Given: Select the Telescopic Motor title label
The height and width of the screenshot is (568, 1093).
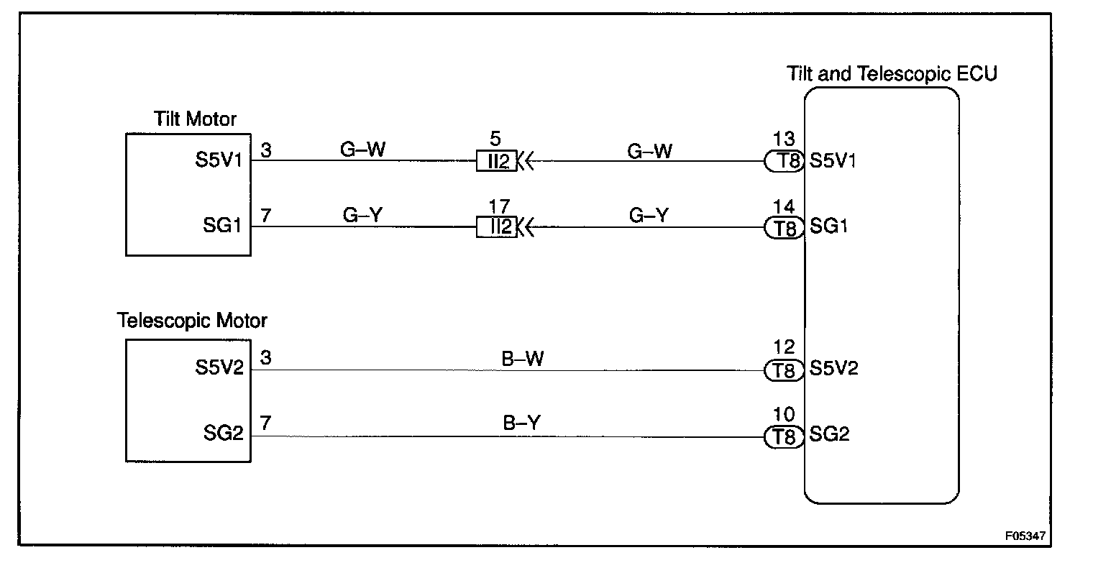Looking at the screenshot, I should pyautogui.click(x=192, y=320).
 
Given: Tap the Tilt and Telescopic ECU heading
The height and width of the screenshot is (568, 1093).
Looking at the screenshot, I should pyautogui.click(x=892, y=73).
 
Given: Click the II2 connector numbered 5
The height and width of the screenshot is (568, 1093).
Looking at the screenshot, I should pyautogui.click(x=496, y=161).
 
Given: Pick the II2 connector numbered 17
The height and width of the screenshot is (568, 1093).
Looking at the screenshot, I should pyautogui.click(x=496, y=228).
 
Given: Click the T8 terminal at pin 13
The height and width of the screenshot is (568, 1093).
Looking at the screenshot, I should pyautogui.click(x=784, y=161).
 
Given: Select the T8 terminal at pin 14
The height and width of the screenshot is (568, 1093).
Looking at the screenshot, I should pyautogui.click(x=784, y=228).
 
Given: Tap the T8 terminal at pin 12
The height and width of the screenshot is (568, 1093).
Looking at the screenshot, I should pyautogui.click(x=784, y=370).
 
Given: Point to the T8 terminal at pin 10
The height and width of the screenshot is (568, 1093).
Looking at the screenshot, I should pyautogui.click(x=784, y=436).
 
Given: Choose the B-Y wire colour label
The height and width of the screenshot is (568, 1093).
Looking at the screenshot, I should pyautogui.click(x=522, y=423).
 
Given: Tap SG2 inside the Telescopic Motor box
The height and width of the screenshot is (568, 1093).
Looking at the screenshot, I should pyautogui.click(x=224, y=434).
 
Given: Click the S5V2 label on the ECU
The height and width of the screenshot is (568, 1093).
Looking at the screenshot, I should pyautogui.click(x=834, y=368).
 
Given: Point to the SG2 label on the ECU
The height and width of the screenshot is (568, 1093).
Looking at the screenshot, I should pyautogui.click(x=830, y=434).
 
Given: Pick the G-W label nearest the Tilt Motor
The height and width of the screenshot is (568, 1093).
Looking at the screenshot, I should pyautogui.click(x=363, y=150).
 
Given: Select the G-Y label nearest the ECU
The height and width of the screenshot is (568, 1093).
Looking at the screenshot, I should pyautogui.click(x=649, y=216).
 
